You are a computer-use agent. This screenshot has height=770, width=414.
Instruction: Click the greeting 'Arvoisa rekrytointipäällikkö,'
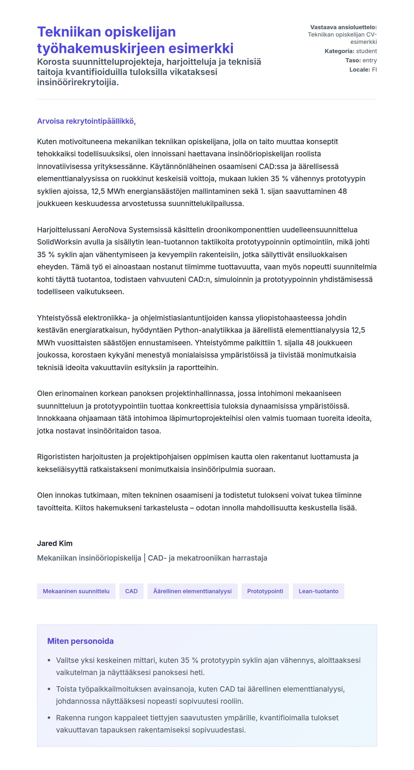click(x=86, y=121)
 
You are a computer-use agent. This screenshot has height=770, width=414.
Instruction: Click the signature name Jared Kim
click(x=55, y=543)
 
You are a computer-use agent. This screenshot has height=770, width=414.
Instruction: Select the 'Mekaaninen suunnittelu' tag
click(x=76, y=591)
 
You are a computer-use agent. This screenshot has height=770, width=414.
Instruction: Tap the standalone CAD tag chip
click(x=131, y=591)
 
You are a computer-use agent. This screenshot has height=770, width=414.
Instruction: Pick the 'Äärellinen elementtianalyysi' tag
click(x=192, y=591)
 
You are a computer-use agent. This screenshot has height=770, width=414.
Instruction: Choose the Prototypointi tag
click(x=265, y=591)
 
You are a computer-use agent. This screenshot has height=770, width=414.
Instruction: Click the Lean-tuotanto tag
click(x=318, y=591)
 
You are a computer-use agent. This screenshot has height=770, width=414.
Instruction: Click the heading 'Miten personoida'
click(x=80, y=641)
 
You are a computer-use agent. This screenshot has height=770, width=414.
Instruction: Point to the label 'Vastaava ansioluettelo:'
click(x=343, y=27)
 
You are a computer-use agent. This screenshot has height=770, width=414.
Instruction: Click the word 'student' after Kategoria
click(x=367, y=51)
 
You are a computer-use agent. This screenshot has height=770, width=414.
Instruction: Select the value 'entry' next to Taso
click(x=369, y=60)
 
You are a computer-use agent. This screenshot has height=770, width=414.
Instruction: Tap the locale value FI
click(x=374, y=70)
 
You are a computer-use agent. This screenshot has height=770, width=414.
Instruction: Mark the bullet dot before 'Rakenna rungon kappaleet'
click(x=49, y=718)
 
